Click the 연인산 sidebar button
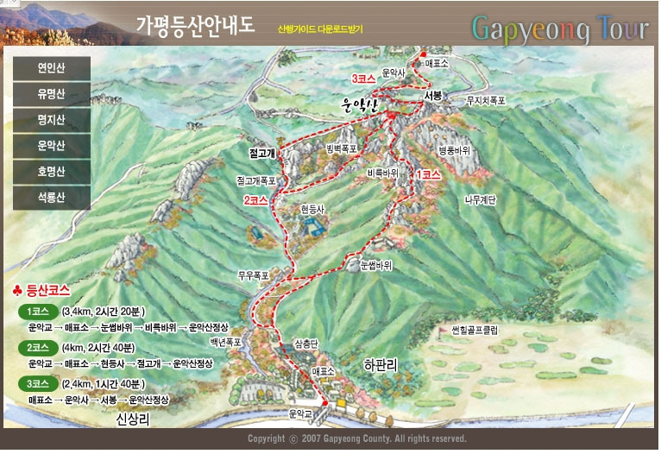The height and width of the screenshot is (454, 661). tap(52, 66)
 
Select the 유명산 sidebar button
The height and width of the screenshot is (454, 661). tap(52, 93)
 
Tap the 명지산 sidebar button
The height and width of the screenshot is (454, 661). tap(52, 119)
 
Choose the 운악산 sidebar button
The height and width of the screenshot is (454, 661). tap(52, 145)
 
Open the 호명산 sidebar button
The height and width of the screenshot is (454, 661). tap(52, 171)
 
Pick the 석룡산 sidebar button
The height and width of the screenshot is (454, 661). tap(52, 197)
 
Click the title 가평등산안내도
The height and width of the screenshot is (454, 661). tap(195, 25)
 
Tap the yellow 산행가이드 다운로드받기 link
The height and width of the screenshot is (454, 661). tap(320, 28)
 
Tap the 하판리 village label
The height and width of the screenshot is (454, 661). tap(381, 365)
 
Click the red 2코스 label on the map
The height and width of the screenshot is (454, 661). tap(255, 199)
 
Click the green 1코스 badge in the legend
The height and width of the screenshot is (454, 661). tap(37, 311)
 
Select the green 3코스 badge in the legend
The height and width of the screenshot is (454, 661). tap(37, 383)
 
